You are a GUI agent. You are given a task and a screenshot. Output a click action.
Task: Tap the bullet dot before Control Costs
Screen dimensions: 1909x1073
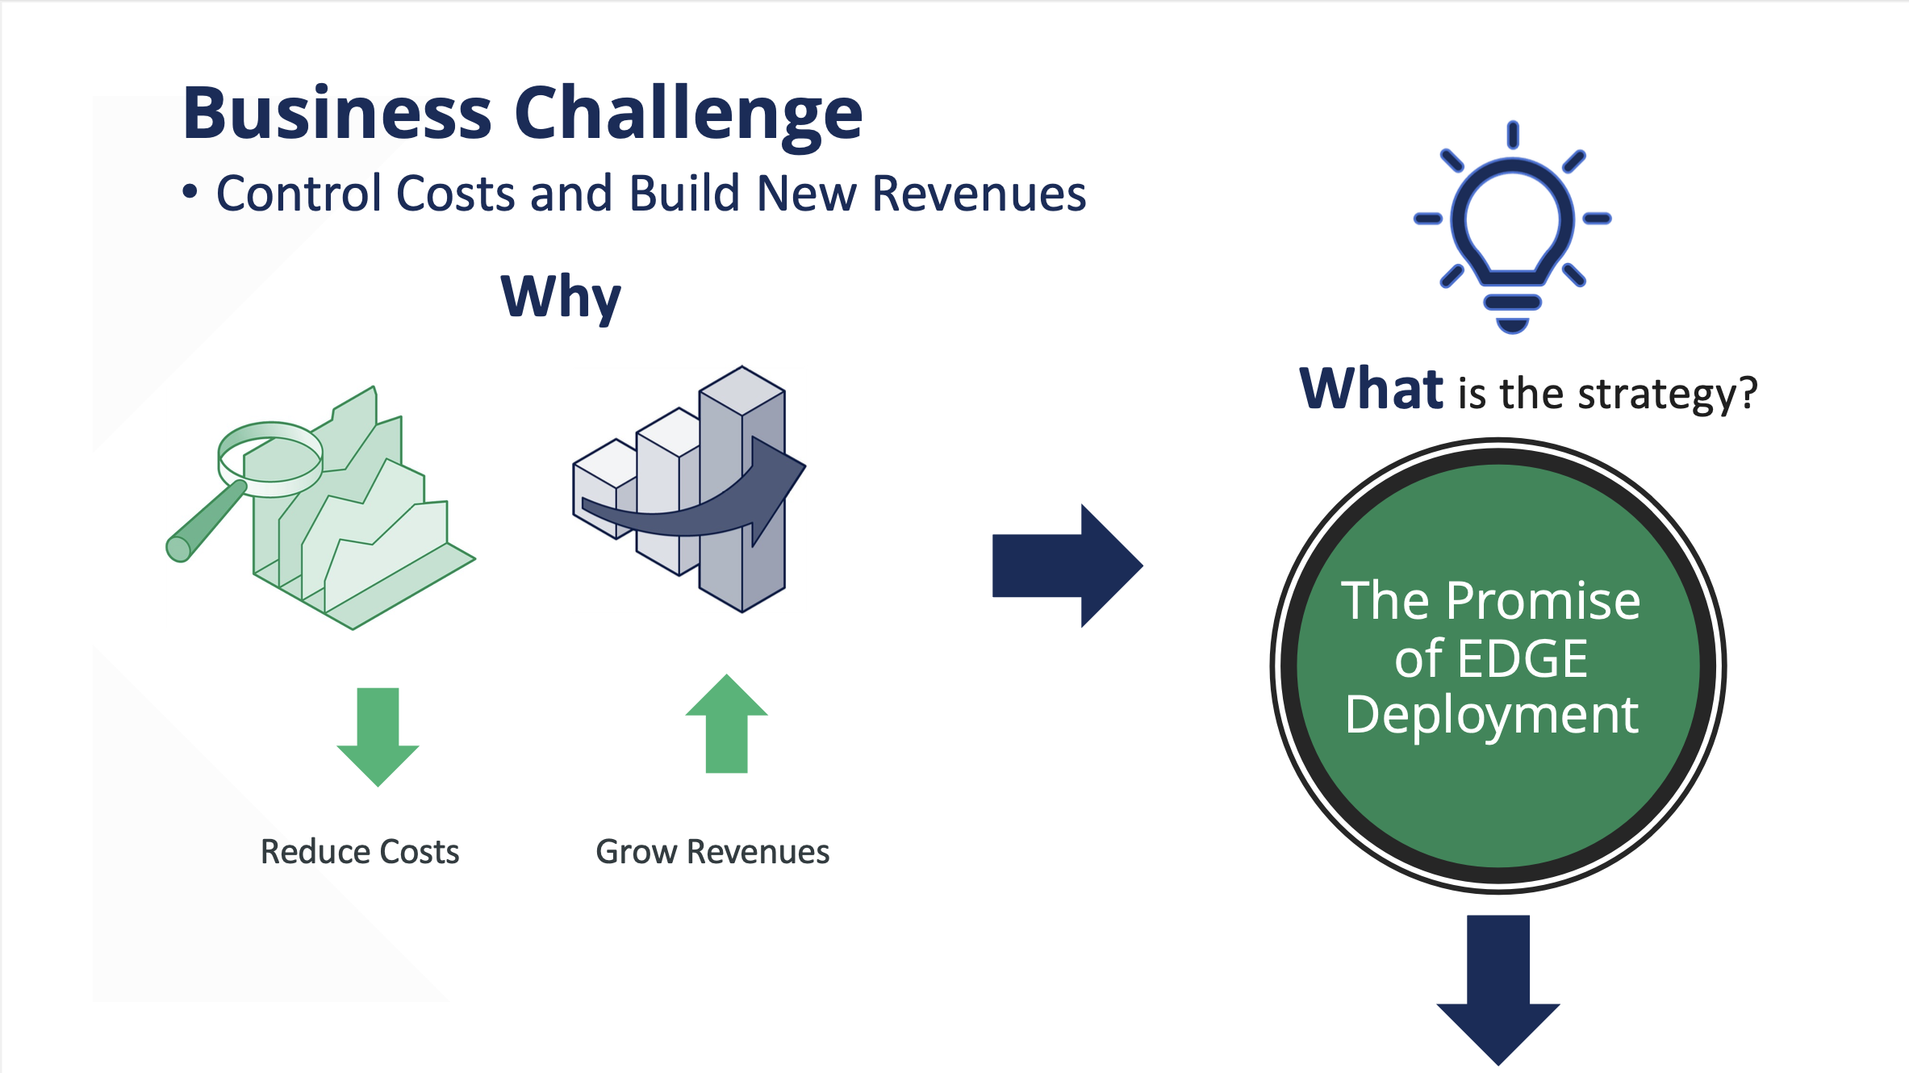(190, 192)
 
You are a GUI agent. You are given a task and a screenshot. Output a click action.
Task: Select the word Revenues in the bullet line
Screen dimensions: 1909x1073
(979, 194)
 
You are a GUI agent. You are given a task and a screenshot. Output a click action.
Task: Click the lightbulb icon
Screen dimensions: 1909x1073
(1513, 227)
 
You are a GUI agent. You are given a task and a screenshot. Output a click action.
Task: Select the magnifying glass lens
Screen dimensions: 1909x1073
(270, 458)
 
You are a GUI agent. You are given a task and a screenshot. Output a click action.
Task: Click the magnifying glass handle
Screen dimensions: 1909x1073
(207, 521)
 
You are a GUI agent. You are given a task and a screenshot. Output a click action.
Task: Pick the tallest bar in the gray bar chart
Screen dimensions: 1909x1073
(741, 489)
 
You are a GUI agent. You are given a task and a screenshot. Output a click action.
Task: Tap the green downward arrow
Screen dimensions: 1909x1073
(378, 737)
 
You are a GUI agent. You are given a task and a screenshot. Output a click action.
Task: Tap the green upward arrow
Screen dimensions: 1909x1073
(726, 724)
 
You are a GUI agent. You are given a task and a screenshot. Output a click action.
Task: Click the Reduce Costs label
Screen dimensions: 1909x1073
(360, 852)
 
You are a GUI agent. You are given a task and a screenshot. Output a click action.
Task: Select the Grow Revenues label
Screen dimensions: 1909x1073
(712, 852)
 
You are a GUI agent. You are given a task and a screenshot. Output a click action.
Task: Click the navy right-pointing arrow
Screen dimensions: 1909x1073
(1067, 566)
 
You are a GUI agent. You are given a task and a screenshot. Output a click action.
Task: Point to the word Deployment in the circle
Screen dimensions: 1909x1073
(1492, 716)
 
